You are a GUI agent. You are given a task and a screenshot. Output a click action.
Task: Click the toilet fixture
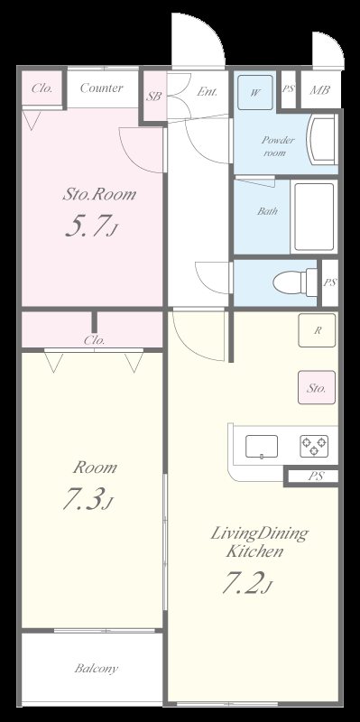295,282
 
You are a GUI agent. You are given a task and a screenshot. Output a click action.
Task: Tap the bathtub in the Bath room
314,217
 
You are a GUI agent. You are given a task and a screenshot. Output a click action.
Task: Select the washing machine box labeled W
255,93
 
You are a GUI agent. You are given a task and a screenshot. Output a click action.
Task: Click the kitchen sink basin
262,446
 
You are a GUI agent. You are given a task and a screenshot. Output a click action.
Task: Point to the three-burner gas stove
314,446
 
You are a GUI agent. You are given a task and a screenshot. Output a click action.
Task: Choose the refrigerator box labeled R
317,330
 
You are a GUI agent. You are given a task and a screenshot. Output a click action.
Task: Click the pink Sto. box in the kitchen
317,387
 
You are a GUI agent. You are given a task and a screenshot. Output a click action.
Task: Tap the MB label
319,89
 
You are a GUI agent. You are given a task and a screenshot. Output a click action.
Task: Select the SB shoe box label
153,97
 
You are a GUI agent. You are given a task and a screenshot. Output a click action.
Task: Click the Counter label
101,88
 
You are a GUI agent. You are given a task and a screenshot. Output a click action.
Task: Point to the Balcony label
97,668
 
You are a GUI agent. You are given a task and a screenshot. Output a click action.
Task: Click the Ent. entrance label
207,92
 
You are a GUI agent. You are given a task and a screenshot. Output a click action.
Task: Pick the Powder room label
277,146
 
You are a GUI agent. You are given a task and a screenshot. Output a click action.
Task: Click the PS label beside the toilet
329,282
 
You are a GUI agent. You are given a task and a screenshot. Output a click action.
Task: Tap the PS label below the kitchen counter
316,477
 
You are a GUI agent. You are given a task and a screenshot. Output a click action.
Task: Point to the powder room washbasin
322,139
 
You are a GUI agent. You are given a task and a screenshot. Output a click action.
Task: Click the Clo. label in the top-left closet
42,88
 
